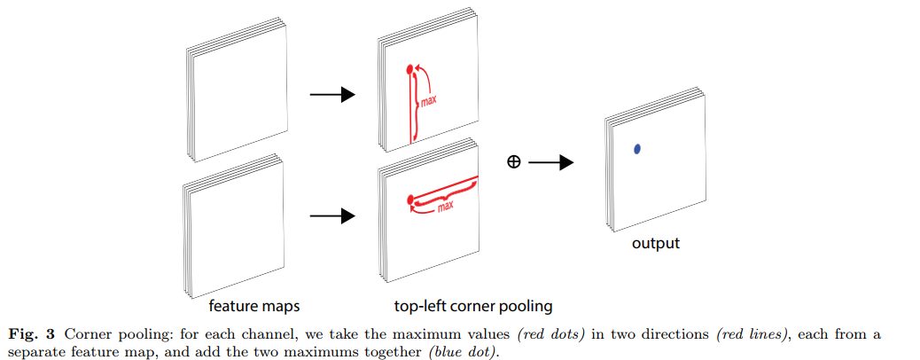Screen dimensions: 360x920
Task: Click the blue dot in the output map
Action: pyautogui.click(x=636, y=149)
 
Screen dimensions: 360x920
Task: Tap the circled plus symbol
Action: pyautogui.click(x=512, y=162)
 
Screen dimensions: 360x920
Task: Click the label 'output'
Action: pyautogui.click(x=655, y=243)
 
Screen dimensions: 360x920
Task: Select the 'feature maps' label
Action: pyautogui.click(x=254, y=307)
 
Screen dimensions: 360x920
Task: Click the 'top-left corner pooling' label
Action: pyautogui.click(x=473, y=307)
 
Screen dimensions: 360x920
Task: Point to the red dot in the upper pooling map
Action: pyautogui.click(x=409, y=68)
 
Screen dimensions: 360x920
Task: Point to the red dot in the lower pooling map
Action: pyautogui.click(x=409, y=200)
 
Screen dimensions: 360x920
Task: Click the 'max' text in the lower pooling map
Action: pyautogui.click(x=445, y=207)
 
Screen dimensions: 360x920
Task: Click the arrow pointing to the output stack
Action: pyautogui.click(x=552, y=162)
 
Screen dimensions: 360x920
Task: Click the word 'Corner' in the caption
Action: pyautogui.click(x=86, y=334)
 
